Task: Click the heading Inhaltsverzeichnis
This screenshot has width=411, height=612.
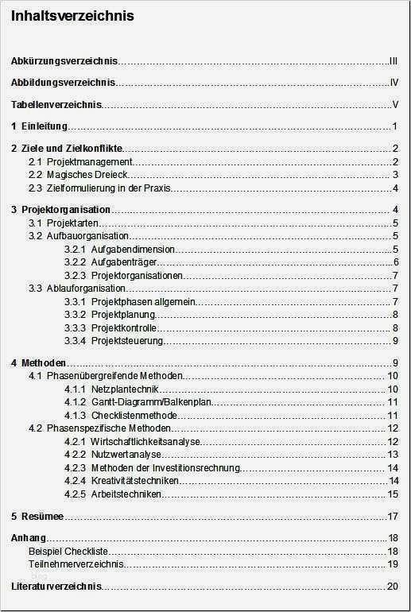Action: click(72, 16)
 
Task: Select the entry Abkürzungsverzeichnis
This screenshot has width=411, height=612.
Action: click(65, 60)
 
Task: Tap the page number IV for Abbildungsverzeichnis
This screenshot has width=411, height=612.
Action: click(394, 83)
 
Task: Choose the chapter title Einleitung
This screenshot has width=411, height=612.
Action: click(45, 126)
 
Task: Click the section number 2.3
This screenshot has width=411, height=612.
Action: click(35, 188)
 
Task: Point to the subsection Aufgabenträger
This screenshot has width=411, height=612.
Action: click(124, 262)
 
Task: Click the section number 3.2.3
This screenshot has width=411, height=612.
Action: click(75, 276)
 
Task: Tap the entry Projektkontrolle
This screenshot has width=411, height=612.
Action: click(123, 328)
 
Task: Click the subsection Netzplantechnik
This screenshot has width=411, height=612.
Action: click(126, 389)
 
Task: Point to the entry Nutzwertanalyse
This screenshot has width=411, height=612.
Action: click(126, 455)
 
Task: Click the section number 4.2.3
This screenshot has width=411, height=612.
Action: click(75, 468)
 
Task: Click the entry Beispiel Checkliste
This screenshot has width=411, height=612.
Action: click(68, 552)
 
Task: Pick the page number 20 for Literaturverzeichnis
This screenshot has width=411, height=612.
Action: click(392, 587)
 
